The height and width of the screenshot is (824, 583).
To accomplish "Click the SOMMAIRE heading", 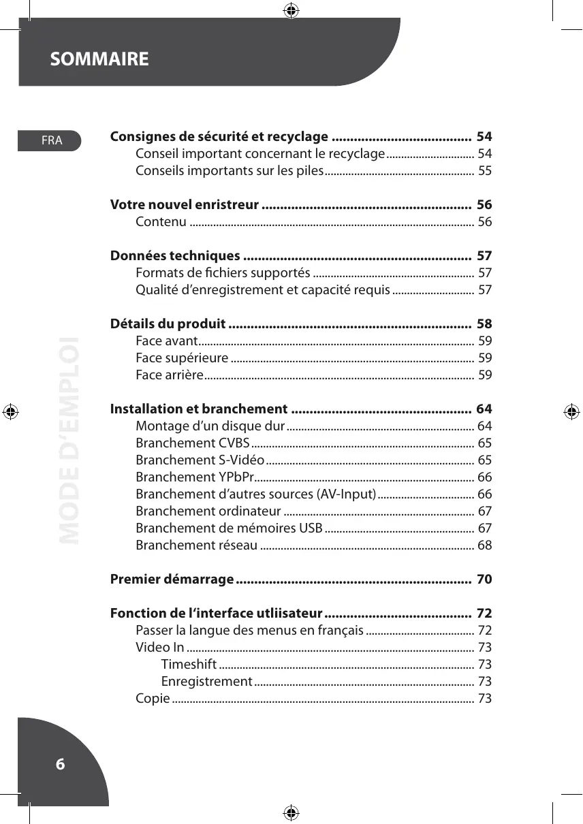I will pos(99,59).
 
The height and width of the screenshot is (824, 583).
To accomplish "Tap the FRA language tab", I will pos(52,141).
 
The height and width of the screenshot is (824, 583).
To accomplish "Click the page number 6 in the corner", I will pos(60,764).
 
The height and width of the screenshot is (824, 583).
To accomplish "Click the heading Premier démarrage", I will pos(172,580).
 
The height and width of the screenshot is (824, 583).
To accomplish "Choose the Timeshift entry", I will pos(189,665).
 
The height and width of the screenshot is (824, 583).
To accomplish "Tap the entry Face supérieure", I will pos(182,358).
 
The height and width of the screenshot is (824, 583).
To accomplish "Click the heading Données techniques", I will pos(175,256).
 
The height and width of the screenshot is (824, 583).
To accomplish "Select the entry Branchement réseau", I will pos(196,545).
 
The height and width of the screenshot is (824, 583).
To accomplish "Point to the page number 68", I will pos(484,545).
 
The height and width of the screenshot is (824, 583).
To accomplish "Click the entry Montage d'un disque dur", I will pos(210,426).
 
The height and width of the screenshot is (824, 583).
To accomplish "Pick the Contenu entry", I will pos(161,222).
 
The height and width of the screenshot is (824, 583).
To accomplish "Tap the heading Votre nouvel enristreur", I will pos(185,205).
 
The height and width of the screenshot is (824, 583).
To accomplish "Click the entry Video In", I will pos(160,648).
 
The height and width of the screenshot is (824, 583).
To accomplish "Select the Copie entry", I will pos(153,699).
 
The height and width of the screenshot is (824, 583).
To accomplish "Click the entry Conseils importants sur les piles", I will pos(230,170).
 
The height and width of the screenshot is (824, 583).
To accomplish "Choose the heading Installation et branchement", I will pos(199,409).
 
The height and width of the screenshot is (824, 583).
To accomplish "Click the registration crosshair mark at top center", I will pos(291,10).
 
